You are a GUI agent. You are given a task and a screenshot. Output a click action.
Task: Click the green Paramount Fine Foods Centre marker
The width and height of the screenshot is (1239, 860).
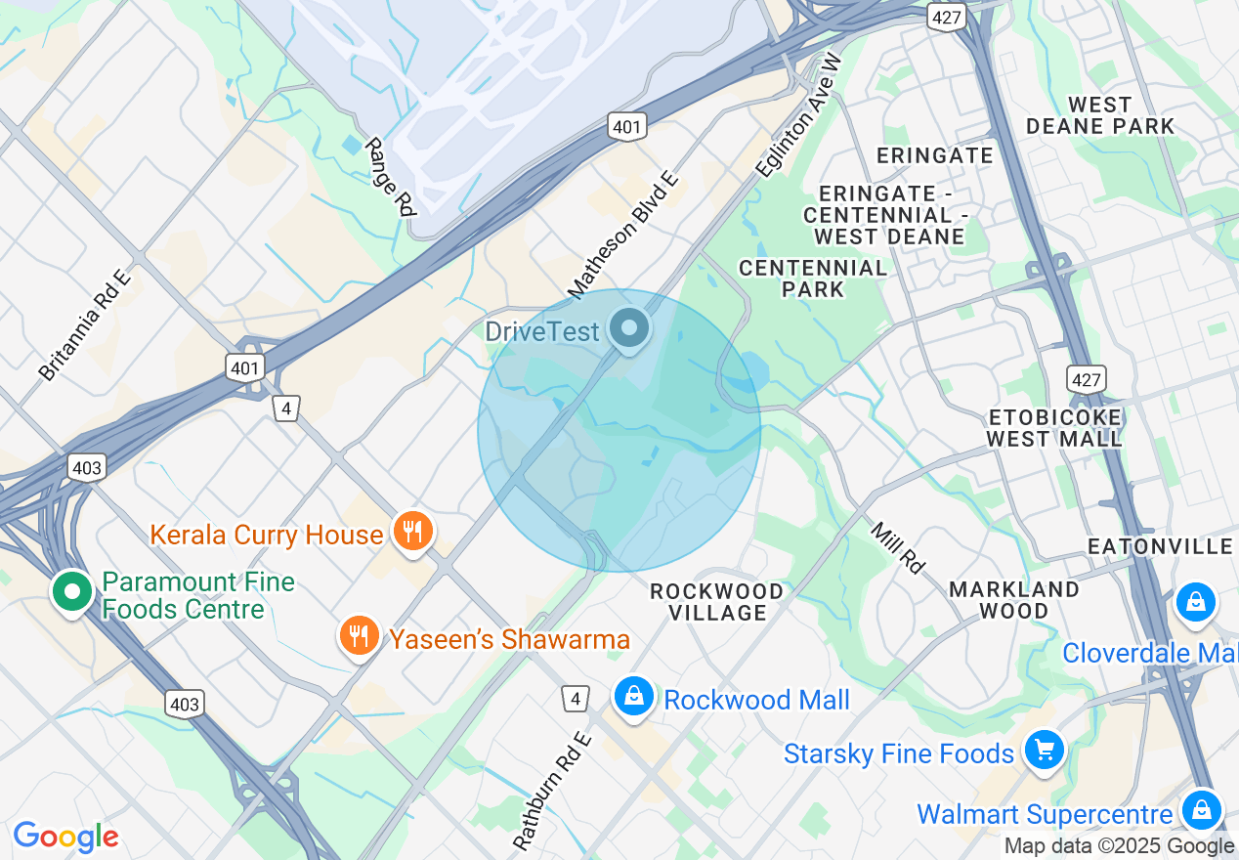(x=71, y=592)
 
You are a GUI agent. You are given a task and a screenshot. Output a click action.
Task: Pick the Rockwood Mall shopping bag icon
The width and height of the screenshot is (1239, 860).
(x=634, y=698)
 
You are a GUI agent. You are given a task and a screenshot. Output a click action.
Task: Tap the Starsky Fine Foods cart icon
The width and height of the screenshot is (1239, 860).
(x=1045, y=751)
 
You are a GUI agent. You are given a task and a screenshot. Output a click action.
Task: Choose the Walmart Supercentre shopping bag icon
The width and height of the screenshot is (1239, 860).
(x=1202, y=810)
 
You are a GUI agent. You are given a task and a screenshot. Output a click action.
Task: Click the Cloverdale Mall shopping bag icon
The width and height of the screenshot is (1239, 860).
(x=1195, y=602)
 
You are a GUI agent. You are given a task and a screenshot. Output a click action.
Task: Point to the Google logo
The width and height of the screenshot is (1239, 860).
(x=65, y=837)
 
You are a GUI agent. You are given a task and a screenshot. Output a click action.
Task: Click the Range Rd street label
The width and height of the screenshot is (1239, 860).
(x=390, y=176)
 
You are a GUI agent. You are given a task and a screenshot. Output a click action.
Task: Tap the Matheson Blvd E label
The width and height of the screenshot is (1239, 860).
(x=622, y=235)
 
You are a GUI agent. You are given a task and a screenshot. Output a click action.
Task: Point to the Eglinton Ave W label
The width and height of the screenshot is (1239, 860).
(x=799, y=115)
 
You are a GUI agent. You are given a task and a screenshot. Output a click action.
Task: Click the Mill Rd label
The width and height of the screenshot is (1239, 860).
(x=897, y=547)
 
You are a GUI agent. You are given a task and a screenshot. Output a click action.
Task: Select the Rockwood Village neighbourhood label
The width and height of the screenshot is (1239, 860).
(x=717, y=602)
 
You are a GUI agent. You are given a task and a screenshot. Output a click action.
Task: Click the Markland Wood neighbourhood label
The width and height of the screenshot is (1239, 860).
(x=1014, y=600)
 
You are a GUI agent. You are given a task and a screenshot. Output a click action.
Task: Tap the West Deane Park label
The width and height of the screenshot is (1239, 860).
(x=1100, y=115)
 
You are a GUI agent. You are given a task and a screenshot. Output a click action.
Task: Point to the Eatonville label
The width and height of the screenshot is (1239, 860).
(x=1161, y=545)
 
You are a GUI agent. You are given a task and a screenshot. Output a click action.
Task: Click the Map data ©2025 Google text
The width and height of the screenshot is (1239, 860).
(x=1119, y=846)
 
